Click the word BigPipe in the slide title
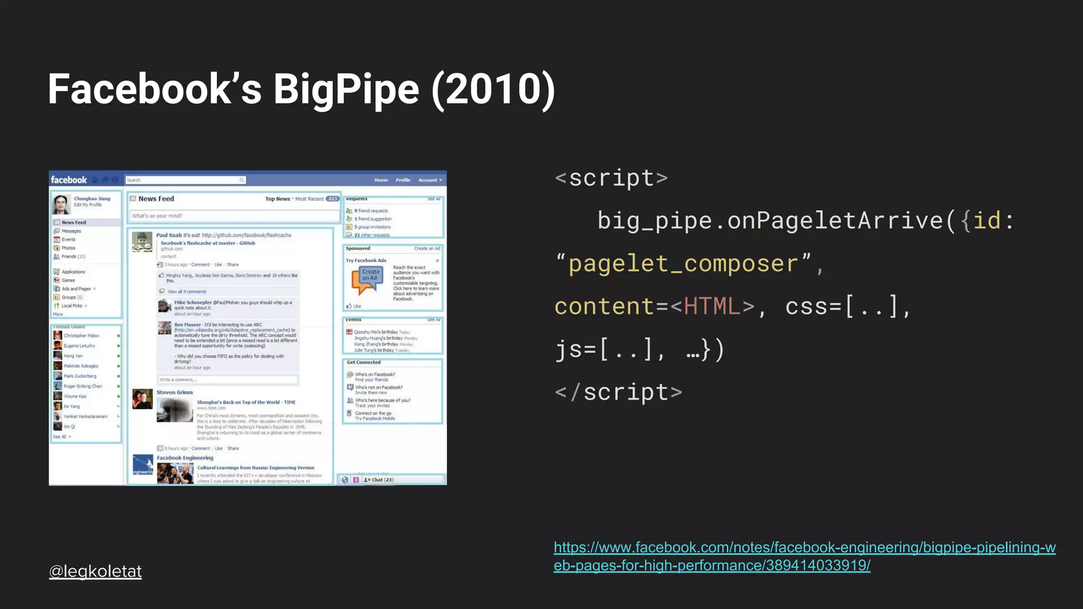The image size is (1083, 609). coord(346,89)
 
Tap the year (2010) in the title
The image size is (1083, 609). coord(493,89)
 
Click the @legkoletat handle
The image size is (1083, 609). coord(95,571)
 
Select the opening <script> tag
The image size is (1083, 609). coord(611,178)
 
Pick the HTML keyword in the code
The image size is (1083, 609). coord(712,307)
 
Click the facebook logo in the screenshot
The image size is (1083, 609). coord(69,180)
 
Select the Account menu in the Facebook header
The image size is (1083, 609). coord(429,180)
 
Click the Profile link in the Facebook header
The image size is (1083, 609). coord(403,180)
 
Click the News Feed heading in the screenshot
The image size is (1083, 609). coord(156,199)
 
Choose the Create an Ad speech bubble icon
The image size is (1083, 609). coord(368,279)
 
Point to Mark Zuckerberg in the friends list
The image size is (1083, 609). coord(80,376)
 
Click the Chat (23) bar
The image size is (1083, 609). coord(382,480)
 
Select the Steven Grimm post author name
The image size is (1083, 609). coord(175,392)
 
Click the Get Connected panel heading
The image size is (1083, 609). coord(364,362)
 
